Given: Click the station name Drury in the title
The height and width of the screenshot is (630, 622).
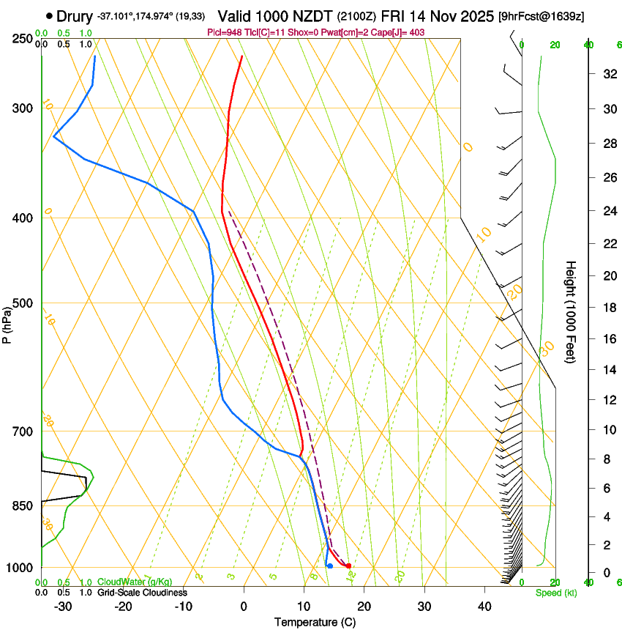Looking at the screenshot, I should pyautogui.click(x=75, y=15).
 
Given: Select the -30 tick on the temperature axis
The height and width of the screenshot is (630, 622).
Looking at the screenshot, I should pyautogui.click(x=63, y=606).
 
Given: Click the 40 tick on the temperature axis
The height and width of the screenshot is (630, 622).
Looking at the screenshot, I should pyautogui.click(x=484, y=606).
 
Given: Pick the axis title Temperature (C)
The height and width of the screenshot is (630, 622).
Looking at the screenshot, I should pyautogui.click(x=315, y=622).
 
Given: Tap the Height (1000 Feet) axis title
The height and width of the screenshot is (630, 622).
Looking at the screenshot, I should pyautogui.click(x=572, y=312).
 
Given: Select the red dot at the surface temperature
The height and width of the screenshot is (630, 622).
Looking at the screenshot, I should pyautogui.click(x=349, y=566).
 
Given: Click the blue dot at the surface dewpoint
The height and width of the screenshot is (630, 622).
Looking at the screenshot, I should pyautogui.click(x=330, y=566).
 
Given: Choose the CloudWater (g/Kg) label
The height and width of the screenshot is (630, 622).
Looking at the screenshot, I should pyautogui.click(x=135, y=582).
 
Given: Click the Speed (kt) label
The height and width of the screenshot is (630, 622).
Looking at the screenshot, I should pyautogui.click(x=555, y=593).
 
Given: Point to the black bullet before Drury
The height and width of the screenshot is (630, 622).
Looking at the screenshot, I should pyautogui.click(x=49, y=15).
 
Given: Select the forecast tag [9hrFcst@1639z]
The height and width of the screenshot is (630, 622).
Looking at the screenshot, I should pyautogui.click(x=541, y=16).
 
